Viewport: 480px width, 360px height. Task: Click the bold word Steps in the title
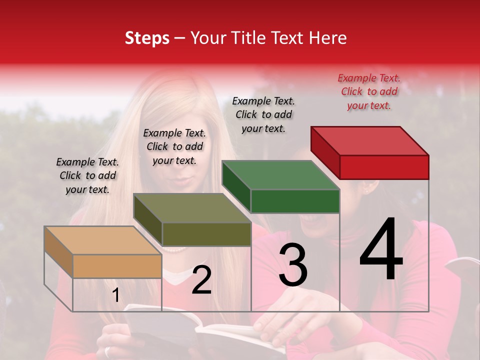147,38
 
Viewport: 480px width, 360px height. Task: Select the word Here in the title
327,38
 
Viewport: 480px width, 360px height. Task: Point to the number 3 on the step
292,265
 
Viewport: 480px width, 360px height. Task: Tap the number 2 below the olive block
201,280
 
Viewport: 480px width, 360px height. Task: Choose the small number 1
115,295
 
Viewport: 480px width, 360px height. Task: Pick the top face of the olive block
192,208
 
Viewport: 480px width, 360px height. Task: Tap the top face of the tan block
103,240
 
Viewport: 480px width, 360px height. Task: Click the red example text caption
369,91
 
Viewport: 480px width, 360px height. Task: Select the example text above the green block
263,114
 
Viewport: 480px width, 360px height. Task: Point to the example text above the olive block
174,146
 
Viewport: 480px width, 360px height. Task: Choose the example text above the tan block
87,175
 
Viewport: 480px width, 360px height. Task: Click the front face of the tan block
117,266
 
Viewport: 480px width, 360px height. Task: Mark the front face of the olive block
206,234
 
